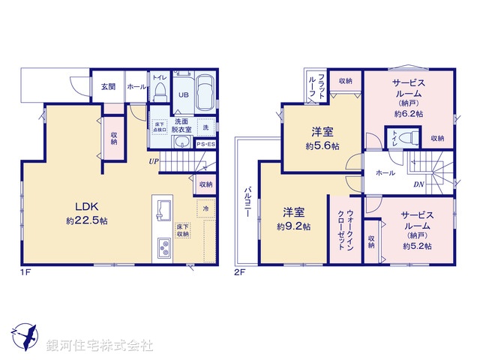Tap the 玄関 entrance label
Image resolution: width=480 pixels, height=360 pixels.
pyautogui.click(x=107, y=87)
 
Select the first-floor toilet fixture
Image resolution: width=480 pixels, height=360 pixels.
pyautogui.click(x=159, y=91)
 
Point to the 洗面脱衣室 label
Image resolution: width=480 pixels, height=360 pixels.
pyautogui.click(x=181, y=125)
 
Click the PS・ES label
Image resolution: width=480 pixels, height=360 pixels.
pyautogui.click(x=206, y=144)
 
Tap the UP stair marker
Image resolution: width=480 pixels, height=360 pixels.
pyautogui.click(x=153, y=160)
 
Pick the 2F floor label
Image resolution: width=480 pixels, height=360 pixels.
pyautogui.click(x=241, y=271)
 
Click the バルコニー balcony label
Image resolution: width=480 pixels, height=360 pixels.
pyautogui.click(x=246, y=202)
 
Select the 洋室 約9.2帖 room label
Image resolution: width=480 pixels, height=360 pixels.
pyautogui.click(x=292, y=219)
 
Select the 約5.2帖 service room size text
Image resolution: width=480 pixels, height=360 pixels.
pyautogui.click(x=416, y=246)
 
